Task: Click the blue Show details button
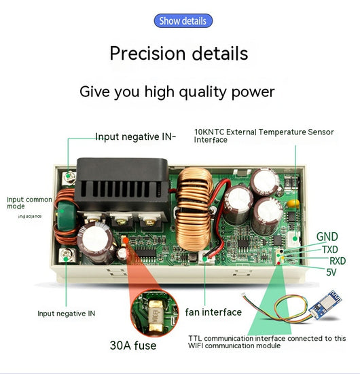click(183, 21)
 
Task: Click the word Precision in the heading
click(147, 53)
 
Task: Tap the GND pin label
click(327, 237)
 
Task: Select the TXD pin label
click(330, 250)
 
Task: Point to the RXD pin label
click(338, 261)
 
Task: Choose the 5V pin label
click(331, 272)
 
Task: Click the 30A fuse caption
click(133, 345)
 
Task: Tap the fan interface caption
click(213, 312)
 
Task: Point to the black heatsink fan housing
click(122, 184)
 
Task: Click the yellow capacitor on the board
click(293, 204)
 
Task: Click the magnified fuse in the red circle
click(154, 313)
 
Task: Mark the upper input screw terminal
click(69, 177)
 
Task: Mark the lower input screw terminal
click(66, 256)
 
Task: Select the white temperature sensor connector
click(294, 239)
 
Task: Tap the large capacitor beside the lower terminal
click(96, 242)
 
